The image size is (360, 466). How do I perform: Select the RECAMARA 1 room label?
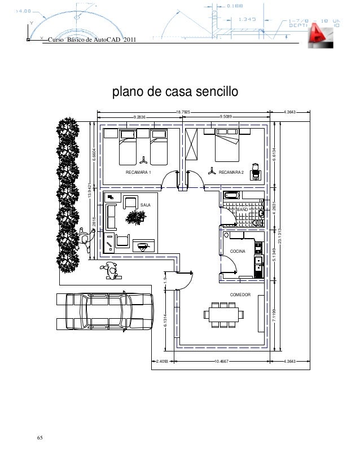tap(138, 172)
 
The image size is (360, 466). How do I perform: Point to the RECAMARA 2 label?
tap(231, 172)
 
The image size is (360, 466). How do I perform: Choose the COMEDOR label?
tap(240, 295)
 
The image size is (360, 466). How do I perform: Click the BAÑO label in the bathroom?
tap(243, 209)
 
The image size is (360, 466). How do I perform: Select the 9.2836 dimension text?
tap(139, 117)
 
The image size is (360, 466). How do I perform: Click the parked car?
tap(105, 311)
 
